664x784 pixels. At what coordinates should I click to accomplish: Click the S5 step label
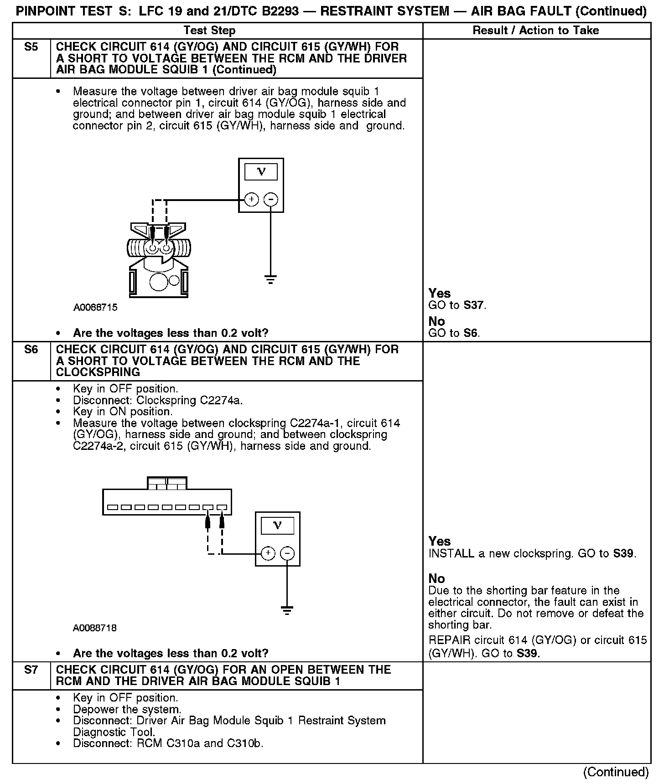[31, 47]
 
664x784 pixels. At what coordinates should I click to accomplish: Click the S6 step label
[31, 350]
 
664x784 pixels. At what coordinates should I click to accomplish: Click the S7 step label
[31, 670]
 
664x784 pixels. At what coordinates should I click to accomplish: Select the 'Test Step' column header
[209, 31]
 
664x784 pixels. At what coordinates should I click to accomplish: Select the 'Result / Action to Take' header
[536, 31]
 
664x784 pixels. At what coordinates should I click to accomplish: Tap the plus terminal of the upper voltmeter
[251, 200]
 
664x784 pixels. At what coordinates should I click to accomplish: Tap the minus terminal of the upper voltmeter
[271, 200]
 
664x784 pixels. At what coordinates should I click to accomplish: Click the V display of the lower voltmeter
[277, 526]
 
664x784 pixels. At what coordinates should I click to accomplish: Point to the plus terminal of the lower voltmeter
[268, 553]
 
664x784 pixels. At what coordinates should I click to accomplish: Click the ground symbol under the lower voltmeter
[287, 611]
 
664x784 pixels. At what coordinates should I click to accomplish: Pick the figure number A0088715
[95, 307]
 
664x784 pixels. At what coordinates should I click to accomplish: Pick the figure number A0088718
[95, 628]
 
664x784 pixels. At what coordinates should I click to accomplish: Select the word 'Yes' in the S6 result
[440, 541]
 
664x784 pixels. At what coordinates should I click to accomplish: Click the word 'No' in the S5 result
[436, 321]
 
